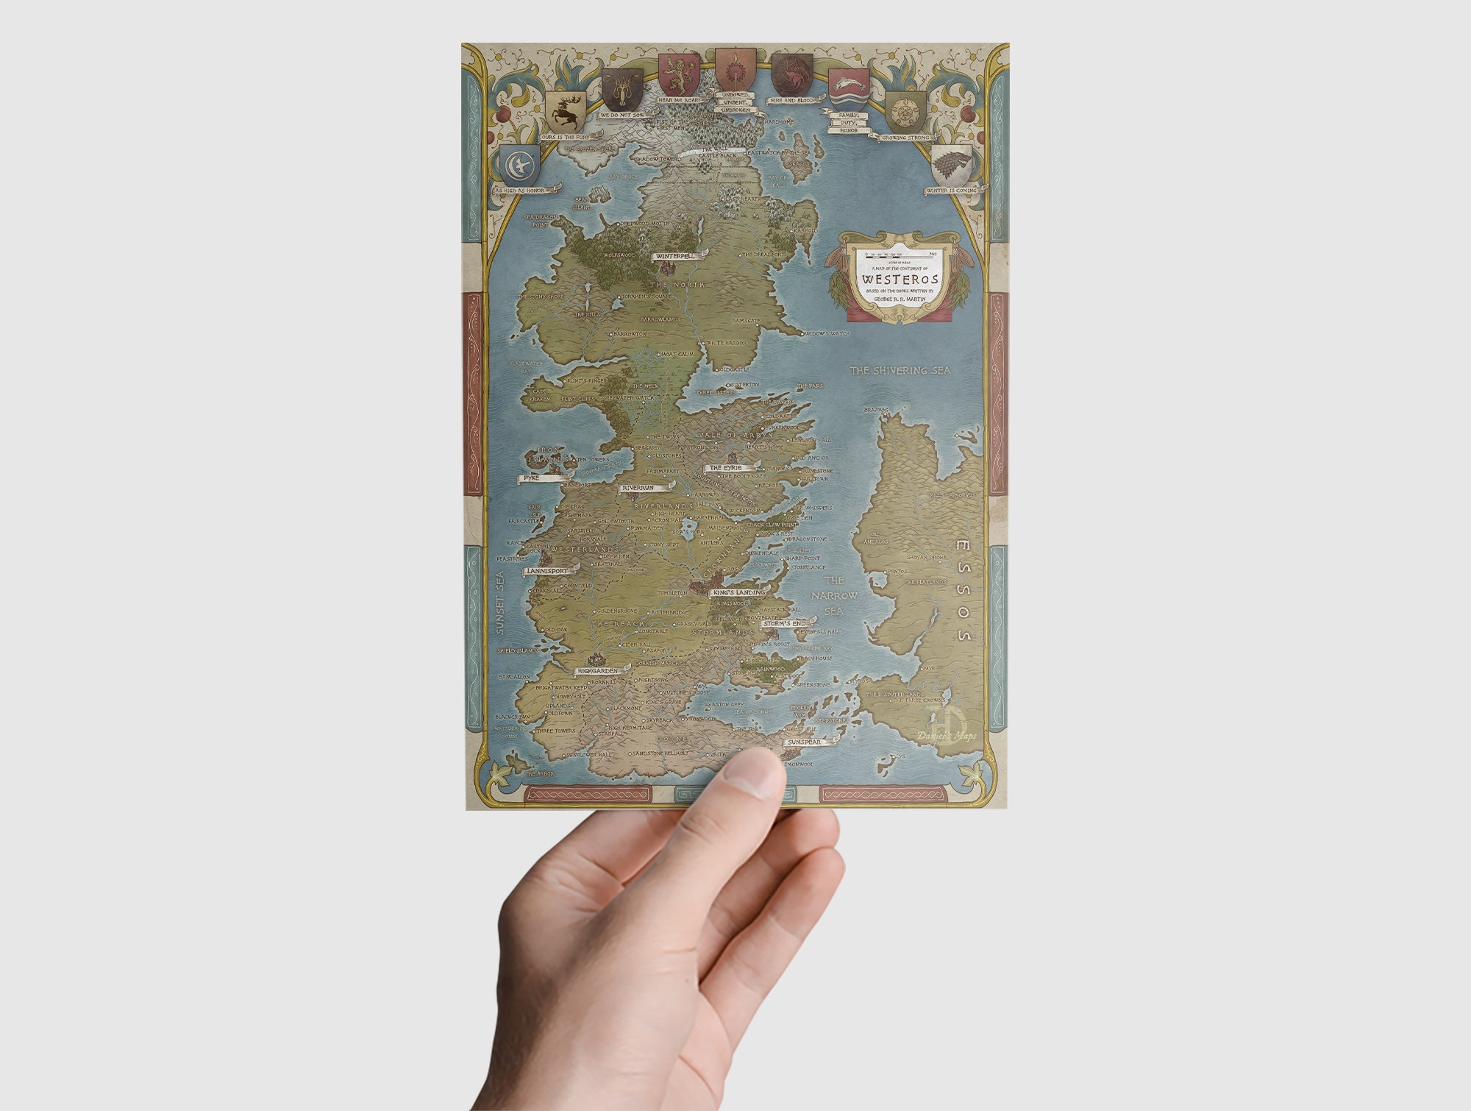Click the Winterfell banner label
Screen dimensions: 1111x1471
(675, 256)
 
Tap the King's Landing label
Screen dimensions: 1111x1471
(738, 592)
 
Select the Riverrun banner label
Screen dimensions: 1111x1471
(638, 488)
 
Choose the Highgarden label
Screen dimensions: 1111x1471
(598, 671)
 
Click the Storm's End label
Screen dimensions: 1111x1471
(784, 623)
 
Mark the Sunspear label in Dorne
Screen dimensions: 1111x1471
(804, 742)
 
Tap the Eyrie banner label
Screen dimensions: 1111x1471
(726, 467)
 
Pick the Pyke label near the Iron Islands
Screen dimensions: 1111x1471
(532, 478)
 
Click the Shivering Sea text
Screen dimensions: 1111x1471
(900, 370)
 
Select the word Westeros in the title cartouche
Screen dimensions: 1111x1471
(900, 280)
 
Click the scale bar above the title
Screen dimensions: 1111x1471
(900, 255)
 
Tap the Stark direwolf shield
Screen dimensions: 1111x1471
(952, 164)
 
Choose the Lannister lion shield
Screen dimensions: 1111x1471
(678, 74)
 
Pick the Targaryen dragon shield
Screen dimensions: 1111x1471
(791, 74)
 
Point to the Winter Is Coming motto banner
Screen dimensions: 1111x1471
(952, 191)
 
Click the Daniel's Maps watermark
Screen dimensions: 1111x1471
(947, 735)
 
